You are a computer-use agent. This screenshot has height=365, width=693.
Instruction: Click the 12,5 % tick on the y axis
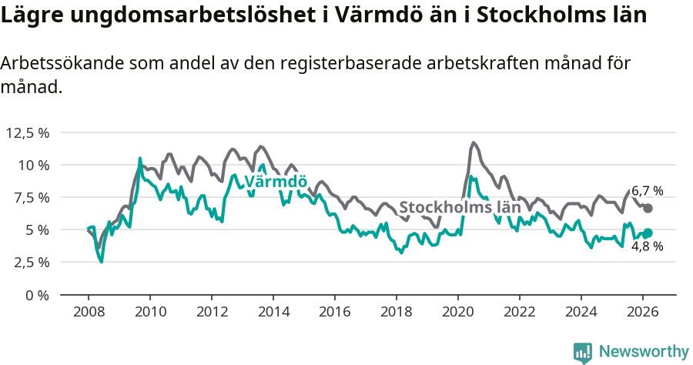tap(28, 132)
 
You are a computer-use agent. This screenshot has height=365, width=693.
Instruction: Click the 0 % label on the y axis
tap(38, 294)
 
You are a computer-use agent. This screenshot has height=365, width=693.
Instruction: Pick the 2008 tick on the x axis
tap(88, 312)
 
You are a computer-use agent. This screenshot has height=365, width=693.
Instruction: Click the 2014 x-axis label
tap(273, 312)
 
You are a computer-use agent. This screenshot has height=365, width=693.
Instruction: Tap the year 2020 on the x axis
tap(457, 312)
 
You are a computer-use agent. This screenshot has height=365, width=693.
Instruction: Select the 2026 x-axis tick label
tap(642, 312)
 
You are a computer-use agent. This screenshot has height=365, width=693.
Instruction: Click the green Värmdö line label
tap(276, 182)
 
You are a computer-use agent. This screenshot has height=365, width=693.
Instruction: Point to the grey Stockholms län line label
tap(460, 207)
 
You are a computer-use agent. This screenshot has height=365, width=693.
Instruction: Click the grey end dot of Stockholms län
tap(648, 208)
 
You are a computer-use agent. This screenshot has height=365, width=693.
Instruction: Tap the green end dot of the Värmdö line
tap(648, 233)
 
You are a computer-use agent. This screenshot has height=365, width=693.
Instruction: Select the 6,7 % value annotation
tap(647, 190)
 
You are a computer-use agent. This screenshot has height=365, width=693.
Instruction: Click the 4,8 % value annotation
tap(647, 247)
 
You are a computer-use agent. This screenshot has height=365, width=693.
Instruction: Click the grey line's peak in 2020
tap(473, 142)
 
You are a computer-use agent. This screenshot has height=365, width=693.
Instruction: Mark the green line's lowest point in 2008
tap(101, 262)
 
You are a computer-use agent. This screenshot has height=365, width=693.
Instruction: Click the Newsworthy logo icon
tap(583, 352)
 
